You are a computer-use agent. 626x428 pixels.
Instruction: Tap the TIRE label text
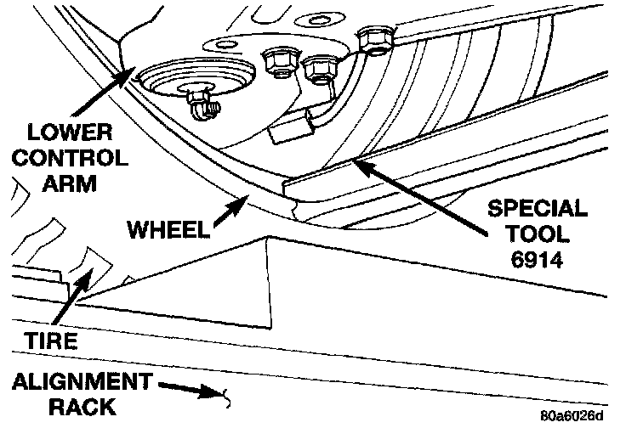(x=52, y=341)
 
